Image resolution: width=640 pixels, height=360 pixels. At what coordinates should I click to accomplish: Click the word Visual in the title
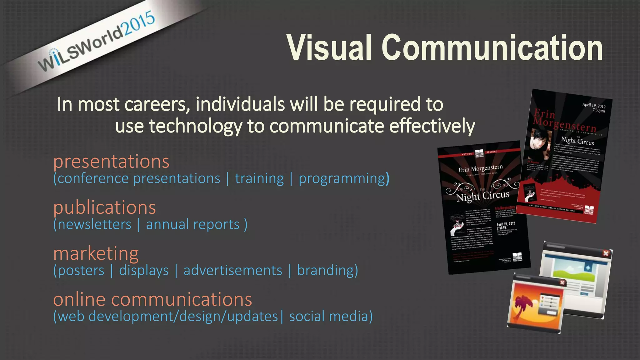[329, 47]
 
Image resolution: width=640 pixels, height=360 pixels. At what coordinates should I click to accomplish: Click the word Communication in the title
[492, 47]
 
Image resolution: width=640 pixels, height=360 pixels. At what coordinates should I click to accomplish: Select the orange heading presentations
[111, 162]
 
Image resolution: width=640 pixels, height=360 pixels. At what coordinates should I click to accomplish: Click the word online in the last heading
[79, 299]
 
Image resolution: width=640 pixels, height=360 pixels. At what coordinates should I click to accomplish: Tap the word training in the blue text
[259, 178]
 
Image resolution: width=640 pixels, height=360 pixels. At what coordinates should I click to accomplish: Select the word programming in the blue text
[342, 178]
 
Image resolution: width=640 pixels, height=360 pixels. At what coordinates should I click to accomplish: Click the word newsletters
[95, 224]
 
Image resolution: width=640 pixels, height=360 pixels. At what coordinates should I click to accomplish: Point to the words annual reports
[193, 224]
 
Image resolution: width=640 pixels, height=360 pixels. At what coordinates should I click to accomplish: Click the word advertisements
[233, 270]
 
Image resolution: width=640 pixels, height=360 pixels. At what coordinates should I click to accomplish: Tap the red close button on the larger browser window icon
[605, 253]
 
